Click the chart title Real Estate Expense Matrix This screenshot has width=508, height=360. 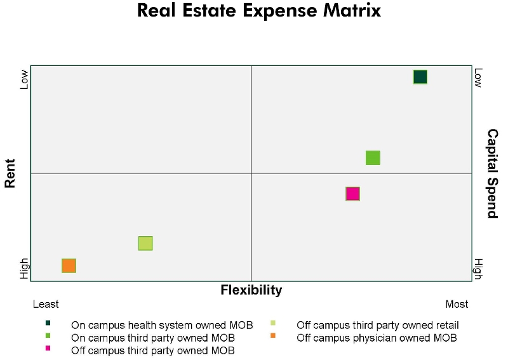pyautogui.click(x=258, y=11)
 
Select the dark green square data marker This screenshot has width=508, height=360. pyautogui.click(x=420, y=77)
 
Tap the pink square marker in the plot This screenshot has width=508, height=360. pyautogui.click(x=353, y=194)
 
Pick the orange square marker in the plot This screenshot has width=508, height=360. pyautogui.click(x=69, y=265)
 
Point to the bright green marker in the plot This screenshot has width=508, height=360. pyautogui.click(x=373, y=158)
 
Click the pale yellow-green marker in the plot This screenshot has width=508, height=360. pyautogui.click(x=145, y=243)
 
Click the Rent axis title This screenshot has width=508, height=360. pyautogui.click(x=10, y=173)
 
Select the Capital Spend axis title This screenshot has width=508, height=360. pyautogui.click(x=492, y=173)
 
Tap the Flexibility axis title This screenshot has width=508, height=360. pyautogui.click(x=251, y=290)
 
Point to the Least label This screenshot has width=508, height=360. pyautogui.click(x=46, y=304)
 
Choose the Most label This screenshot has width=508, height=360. pyautogui.click(x=457, y=304)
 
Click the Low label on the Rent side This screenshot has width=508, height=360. pyautogui.click(x=25, y=79)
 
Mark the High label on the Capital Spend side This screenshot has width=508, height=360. pyautogui.click(x=478, y=268)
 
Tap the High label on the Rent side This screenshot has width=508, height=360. pyautogui.click(x=25, y=268)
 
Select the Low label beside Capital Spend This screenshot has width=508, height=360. pyautogui.click(x=478, y=78)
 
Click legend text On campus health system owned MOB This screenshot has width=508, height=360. pyautogui.click(x=162, y=325)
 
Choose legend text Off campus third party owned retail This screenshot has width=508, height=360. pyautogui.click(x=377, y=325)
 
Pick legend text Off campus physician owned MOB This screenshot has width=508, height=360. pyautogui.click(x=377, y=338)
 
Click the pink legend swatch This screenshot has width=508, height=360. pyautogui.click(x=48, y=349)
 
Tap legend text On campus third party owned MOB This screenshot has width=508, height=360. pyautogui.click(x=153, y=338)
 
